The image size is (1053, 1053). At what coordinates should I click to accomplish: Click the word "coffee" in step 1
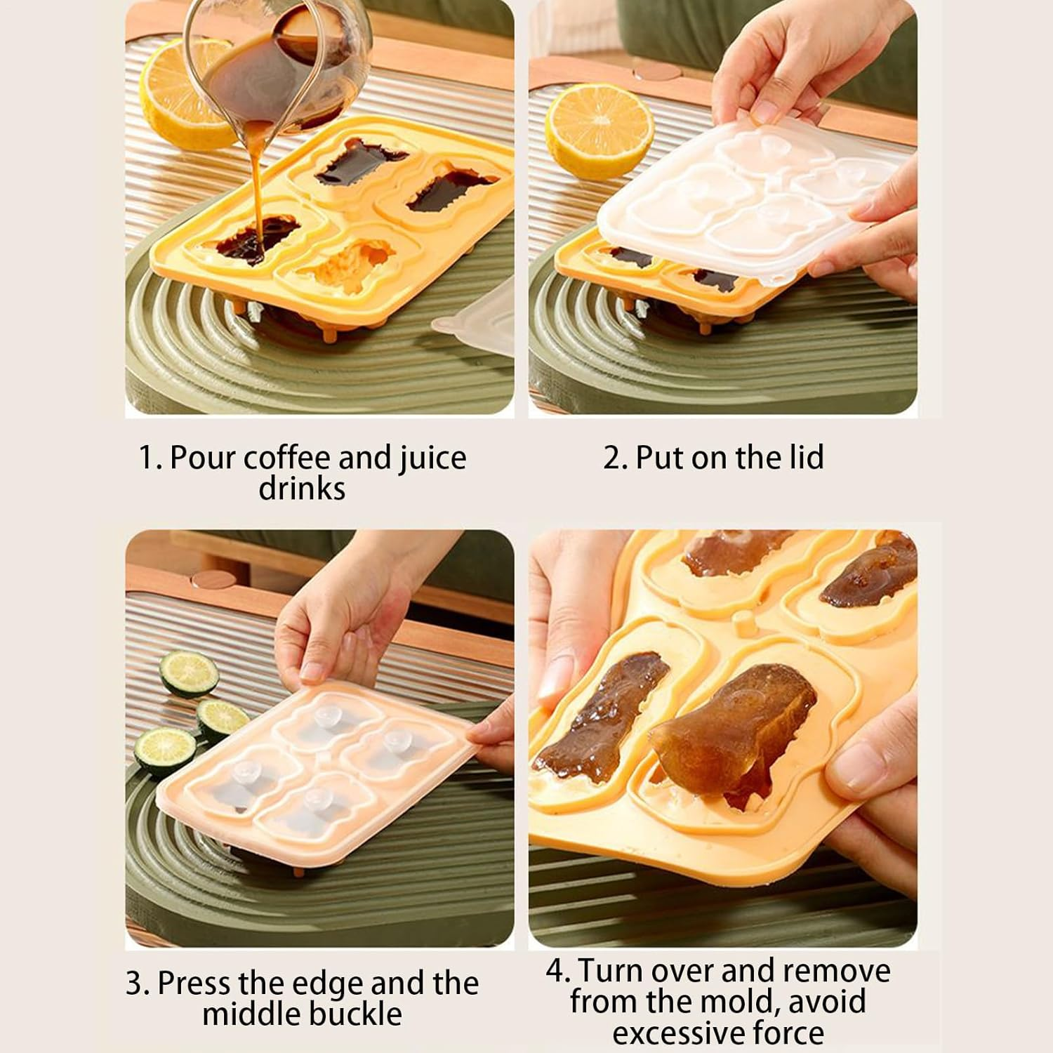[x=287, y=458]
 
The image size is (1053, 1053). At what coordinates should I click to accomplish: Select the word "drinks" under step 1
[x=302, y=488]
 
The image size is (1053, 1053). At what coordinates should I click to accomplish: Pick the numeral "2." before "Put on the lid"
[x=616, y=458]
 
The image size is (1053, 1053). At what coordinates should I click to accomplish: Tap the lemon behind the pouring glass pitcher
[x=180, y=95]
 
